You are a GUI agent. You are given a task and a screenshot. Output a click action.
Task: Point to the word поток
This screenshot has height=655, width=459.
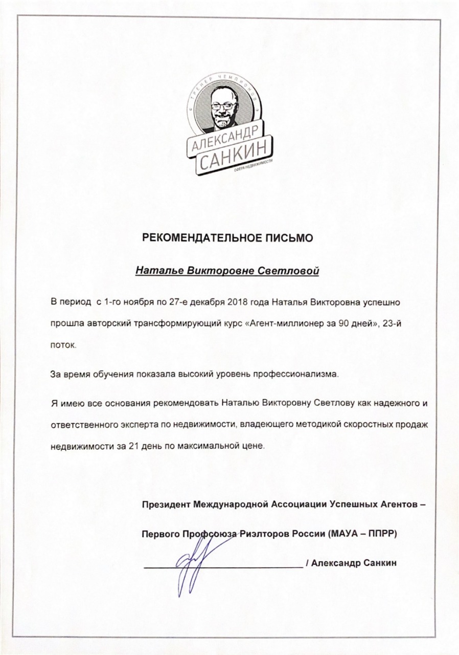click(63, 346)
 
